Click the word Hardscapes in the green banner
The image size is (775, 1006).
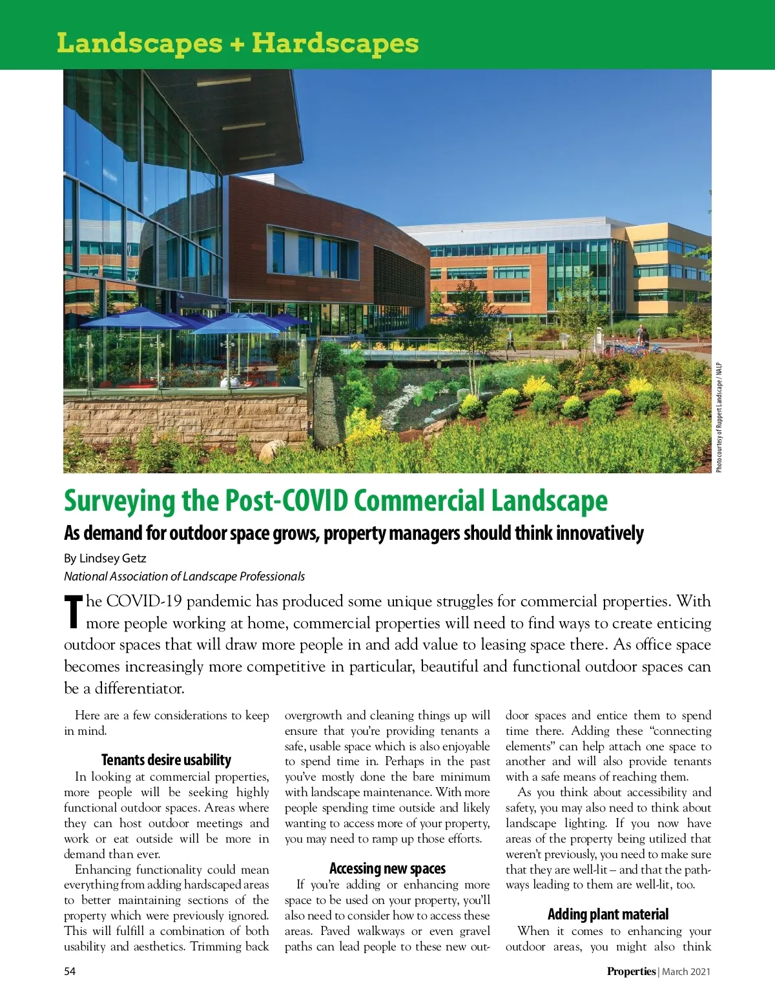coord(335,43)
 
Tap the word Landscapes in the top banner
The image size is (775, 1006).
coord(139,43)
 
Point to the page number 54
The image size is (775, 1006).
coord(70,971)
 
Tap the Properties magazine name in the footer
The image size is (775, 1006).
coord(631,971)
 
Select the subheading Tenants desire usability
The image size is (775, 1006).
coord(166,760)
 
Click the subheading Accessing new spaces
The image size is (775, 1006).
coord(387,868)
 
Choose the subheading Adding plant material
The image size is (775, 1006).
coord(608,914)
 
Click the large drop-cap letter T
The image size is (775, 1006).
coord(74,611)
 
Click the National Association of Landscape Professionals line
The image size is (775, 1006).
coord(184,576)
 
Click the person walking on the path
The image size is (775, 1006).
coord(511,340)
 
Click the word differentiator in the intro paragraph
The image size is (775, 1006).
coord(139,688)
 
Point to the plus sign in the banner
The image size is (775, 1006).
coord(236,43)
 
